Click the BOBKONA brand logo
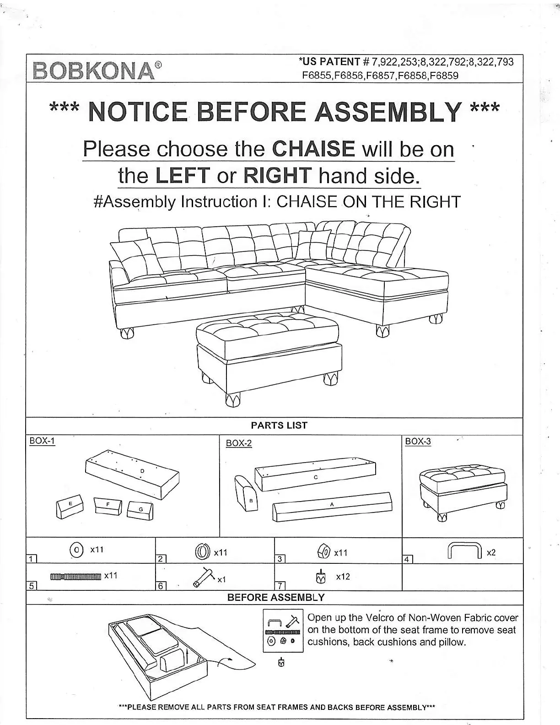[94, 70]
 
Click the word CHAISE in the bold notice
[313, 149]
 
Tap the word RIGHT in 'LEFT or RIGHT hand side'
[277, 176]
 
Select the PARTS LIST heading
[279, 425]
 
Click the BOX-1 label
[42, 441]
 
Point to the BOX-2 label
[239, 443]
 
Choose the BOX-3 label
[418, 442]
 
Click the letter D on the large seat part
[142, 471]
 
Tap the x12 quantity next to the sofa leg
[343, 577]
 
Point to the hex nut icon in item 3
[324, 552]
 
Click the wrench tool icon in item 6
[204, 576]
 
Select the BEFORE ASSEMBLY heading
[276, 598]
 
